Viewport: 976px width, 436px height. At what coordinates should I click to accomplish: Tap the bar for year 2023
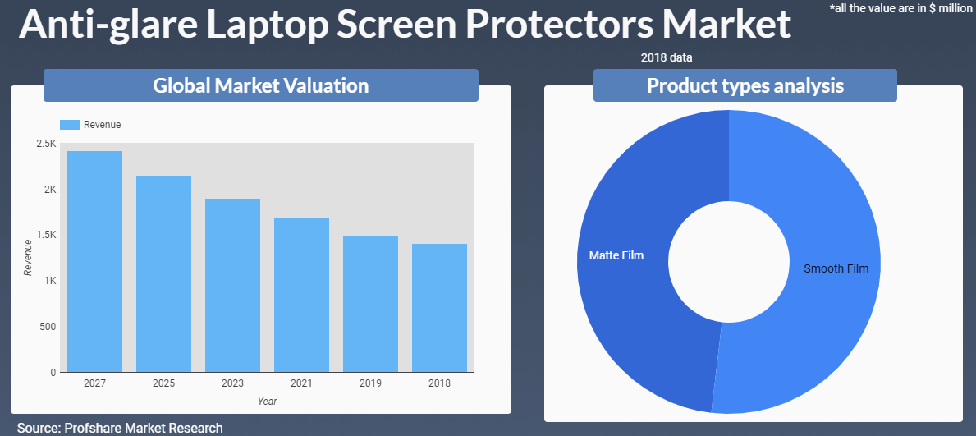click(232, 285)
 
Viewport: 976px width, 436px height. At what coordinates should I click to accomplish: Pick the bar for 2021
click(301, 295)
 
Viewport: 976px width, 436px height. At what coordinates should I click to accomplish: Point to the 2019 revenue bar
click(370, 304)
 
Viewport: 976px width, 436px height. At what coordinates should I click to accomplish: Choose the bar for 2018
click(439, 308)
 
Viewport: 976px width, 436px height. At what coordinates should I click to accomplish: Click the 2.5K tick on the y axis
click(46, 144)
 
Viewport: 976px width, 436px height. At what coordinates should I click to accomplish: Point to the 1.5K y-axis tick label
click(46, 235)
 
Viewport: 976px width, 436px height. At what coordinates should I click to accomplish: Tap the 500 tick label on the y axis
click(48, 327)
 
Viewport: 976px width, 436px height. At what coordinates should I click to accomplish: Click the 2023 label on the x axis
click(232, 383)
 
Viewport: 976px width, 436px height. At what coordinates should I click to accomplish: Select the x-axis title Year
click(267, 402)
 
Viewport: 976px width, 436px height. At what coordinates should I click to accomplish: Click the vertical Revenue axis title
click(28, 257)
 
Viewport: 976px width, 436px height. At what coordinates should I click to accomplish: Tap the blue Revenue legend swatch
click(70, 125)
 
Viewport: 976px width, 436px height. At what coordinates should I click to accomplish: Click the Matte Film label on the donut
click(616, 255)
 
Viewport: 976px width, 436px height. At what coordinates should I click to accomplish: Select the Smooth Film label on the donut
click(836, 268)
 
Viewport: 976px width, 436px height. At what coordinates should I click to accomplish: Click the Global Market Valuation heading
click(260, 85)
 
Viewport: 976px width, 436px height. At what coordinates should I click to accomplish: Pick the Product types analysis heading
click(745, 85)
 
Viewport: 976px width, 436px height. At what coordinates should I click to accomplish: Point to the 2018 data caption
click(667, 58)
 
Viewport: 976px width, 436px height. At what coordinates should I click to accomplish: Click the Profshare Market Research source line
click(120, 428)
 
